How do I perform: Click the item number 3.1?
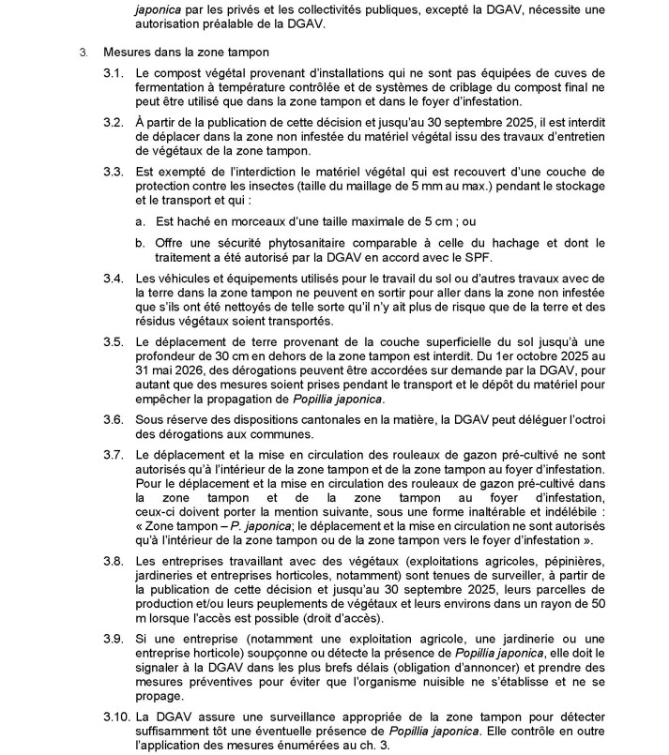click(113, 72)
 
